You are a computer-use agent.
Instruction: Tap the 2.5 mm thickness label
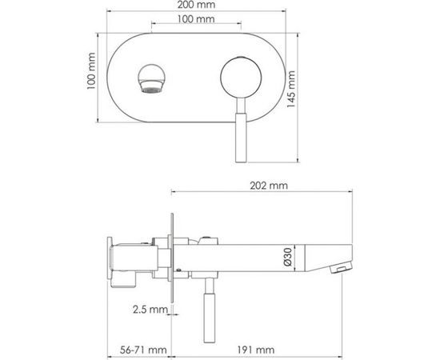151,308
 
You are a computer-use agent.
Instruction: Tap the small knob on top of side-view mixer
210,238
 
